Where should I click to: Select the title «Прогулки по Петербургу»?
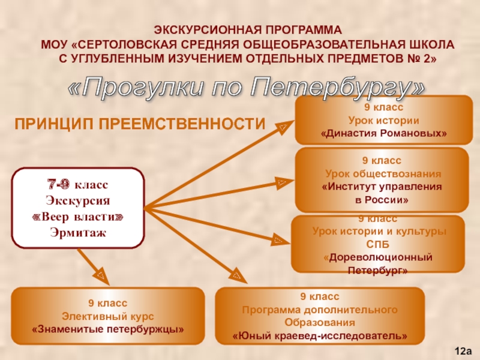[x=247, y=88]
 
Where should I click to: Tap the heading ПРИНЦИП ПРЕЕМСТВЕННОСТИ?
[x=139, y=124]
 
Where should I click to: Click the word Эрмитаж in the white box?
[x=79, y=232]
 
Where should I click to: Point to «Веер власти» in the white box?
[x=79, y=216]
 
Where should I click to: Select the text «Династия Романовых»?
[x=384, y=133]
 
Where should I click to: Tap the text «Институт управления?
[x=382, y=187]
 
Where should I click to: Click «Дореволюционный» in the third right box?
[x=378, y=257]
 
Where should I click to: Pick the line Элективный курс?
[x=108, y=316]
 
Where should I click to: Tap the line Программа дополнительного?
[x=319, y=310]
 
